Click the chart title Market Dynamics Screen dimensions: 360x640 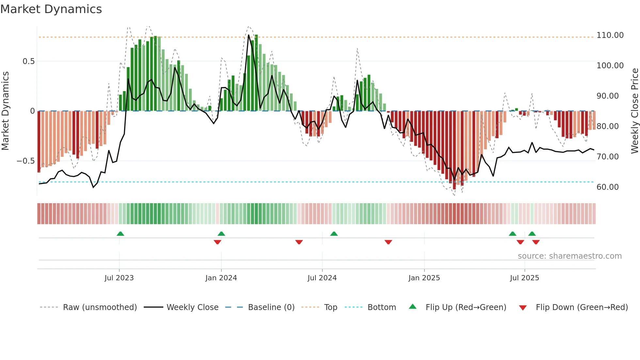click(51, 9)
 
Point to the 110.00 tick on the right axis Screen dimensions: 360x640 click(610, 35)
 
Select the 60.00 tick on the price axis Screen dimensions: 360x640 click(607, 187)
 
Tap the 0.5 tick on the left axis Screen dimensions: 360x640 click(28, 61)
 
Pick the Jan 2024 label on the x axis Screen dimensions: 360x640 click(221, 278)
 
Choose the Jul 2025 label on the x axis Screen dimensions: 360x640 click(524, 278)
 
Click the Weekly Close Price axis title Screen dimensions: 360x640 click(634, 111)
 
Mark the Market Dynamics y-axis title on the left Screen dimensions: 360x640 click(5, 111)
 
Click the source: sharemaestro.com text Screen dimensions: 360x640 click(569, 256)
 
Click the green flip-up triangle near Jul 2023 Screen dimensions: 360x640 click(120, 234)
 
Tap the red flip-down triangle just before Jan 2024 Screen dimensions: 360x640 click(217, 242)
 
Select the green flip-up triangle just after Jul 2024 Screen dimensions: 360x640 click(334, 234)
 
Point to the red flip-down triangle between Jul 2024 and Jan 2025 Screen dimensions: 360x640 click(388, 242)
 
